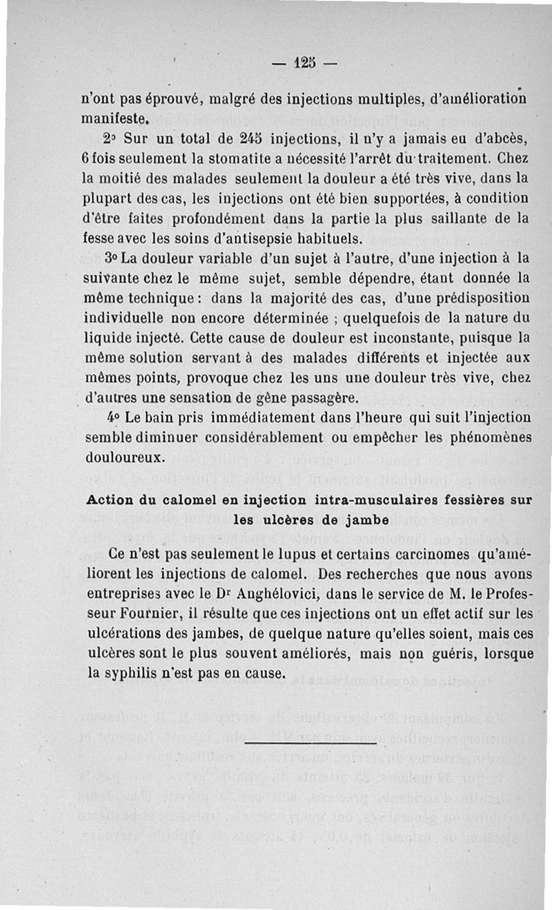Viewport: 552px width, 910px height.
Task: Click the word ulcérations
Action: (124, 632)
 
